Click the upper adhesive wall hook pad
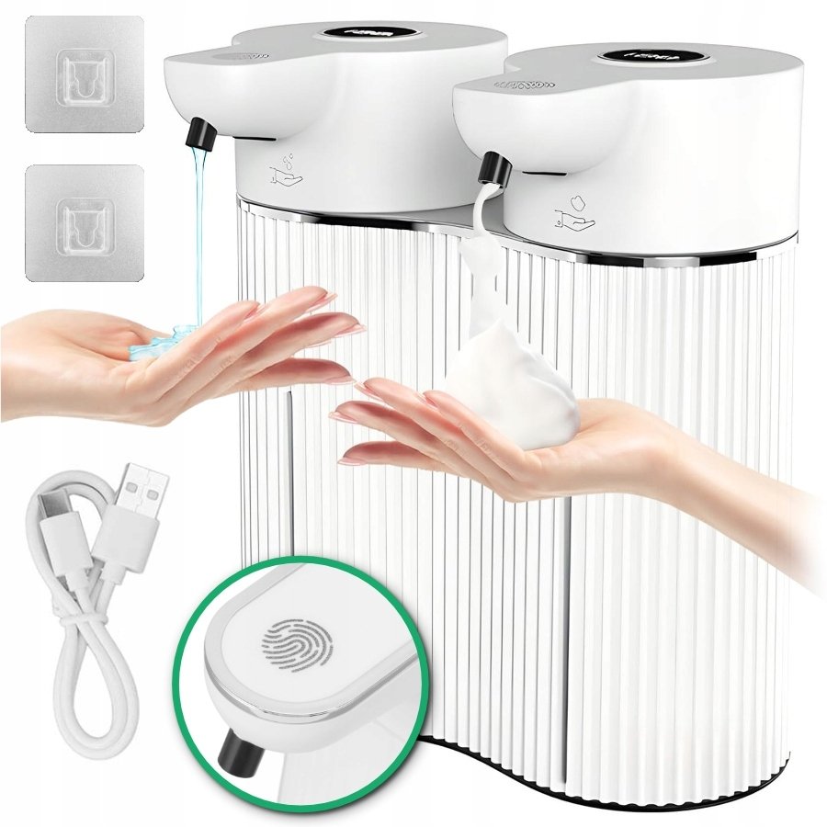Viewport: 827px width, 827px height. (x=84, y=74)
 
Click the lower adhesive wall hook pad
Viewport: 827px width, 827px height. (x=84, y=222)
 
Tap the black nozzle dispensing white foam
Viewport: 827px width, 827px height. (x=493, y=171)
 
